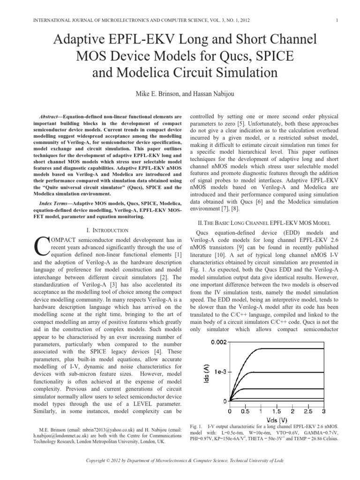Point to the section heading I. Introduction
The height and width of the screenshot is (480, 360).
tap(108, 230)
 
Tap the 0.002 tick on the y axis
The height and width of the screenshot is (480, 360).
tap(217, 343)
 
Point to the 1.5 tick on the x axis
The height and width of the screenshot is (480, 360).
tap(277, 411)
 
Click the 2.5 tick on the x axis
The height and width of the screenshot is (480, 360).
tap(309, 411)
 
